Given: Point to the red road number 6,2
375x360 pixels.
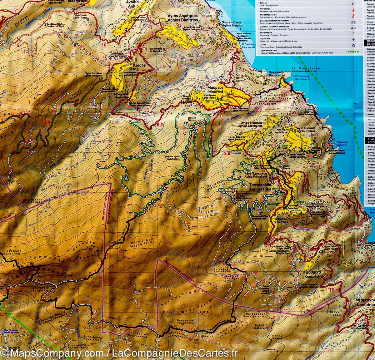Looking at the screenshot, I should [x=160, y=125].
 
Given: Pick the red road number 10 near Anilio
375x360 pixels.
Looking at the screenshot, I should [x=104, y=45].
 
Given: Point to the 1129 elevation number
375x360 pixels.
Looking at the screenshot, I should [x=203, y=312].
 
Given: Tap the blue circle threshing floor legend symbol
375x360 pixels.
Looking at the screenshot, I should [x=353, y=45].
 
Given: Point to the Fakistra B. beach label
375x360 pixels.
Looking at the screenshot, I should [x=347, y=141].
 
